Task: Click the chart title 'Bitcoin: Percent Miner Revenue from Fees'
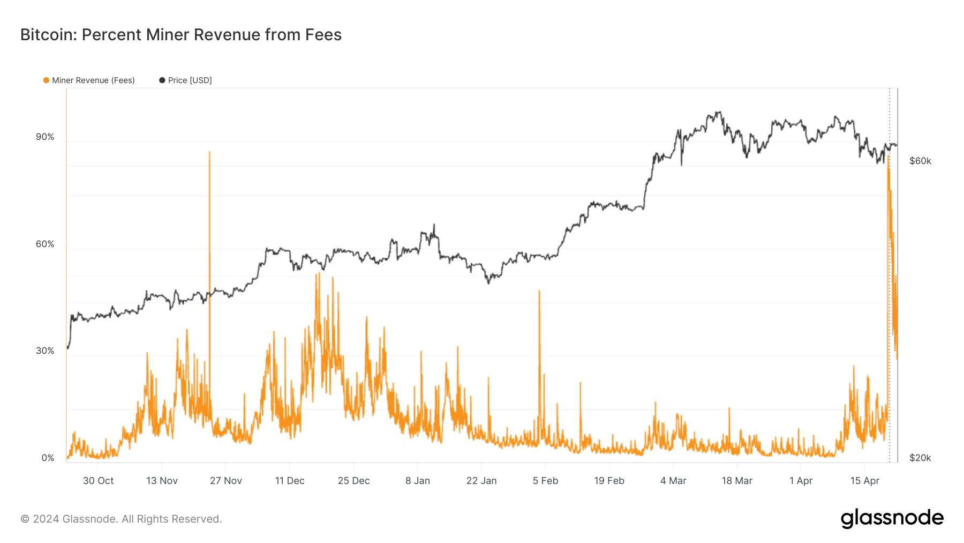(180, 35)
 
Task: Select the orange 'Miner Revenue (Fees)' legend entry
(89, 80)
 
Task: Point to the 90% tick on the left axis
(45, 137)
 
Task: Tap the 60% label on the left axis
(45, 244)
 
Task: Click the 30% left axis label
(45, 351)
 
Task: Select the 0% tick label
(48, 458)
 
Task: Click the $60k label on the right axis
(920, 161)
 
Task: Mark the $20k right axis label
(920, 458)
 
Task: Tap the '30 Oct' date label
(98, 481)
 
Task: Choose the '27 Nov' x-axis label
(225, 481)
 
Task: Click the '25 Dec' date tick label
(353, 481)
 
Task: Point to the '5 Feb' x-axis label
(545, 481)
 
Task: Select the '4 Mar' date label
(673, 481)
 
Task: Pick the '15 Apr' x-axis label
(864, 481)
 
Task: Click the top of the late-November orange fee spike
(209, 152)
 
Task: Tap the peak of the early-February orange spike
(539, 291)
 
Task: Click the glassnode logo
(892, 518)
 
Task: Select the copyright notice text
(121, 519)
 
